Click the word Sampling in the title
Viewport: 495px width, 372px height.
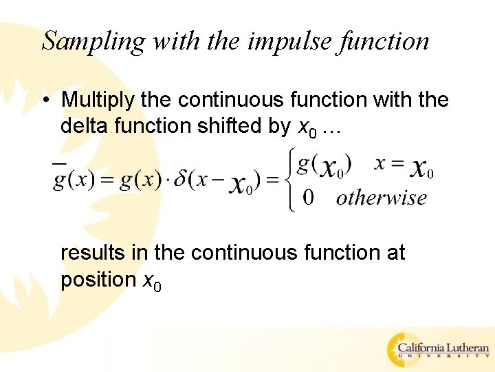[93, 41]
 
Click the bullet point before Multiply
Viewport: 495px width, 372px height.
[45, 101]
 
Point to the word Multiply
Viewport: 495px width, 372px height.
[98, 101]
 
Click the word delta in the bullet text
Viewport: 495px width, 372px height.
[85, 127]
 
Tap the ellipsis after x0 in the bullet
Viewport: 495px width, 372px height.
[330, 127]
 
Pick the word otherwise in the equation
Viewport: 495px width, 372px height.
[381, 198]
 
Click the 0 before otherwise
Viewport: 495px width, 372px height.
[309, 198]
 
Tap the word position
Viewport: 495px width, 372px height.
[98, 280]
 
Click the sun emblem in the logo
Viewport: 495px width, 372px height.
[403, 349]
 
